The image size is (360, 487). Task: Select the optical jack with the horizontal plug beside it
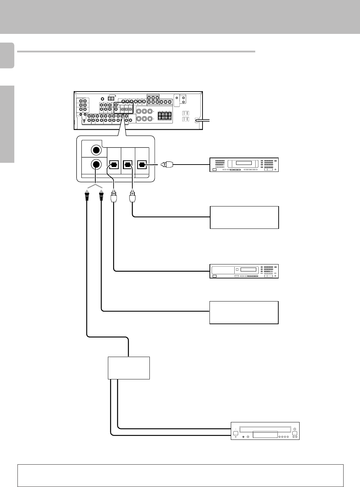pyautogui.click(x=142, y=164)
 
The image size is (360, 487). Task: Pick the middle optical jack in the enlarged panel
pyautogui.click(x=128, y=164)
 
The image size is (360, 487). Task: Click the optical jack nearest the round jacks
pyautogui.click(x=114, y=164)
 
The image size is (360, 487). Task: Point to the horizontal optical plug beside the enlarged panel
pyautogui.click(x=167, y=164)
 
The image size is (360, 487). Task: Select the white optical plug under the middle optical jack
pyautogui.click(x=132, y=198)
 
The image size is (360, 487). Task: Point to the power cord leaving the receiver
pyautogui.click(x=204, y=120)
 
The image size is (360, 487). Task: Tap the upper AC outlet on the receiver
pyautogui.click(x=186, y=113)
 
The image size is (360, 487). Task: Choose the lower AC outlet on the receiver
pyautogui.click(x=186, y=119)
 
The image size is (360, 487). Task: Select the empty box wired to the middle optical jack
pyautogui.click(x=244, y=217)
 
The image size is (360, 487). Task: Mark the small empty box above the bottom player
pyautogui.click(x=129, y=368)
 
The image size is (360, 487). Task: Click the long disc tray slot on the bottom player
pyautogui.click(x=265, y=428)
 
